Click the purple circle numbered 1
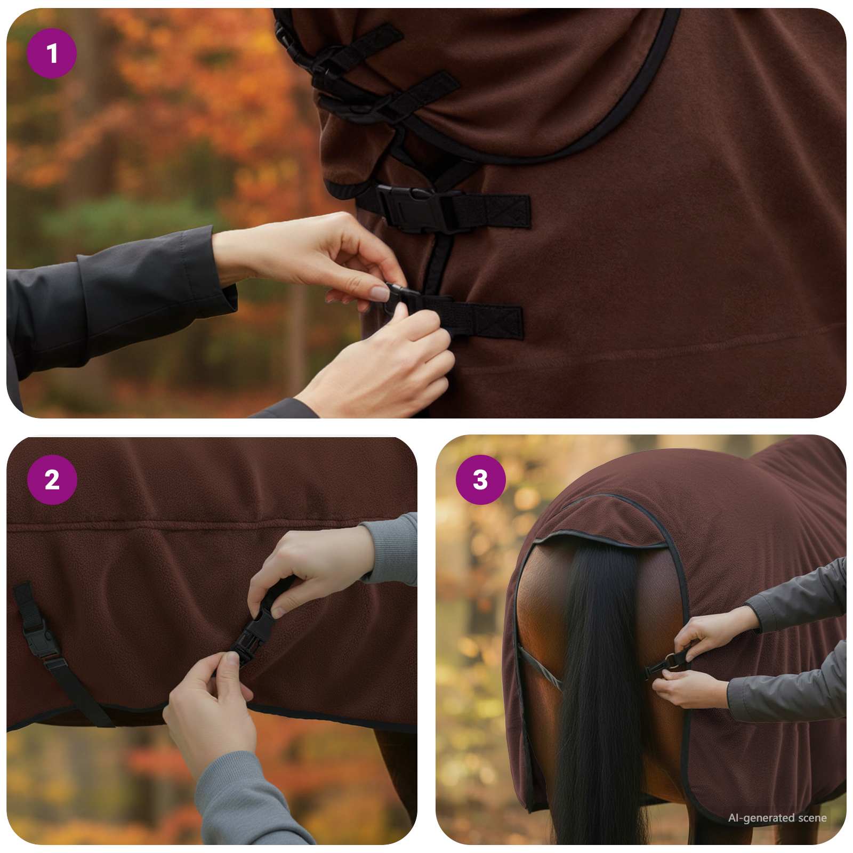[x=52, y=54]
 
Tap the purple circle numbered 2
[x=52, y=480]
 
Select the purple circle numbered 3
[x=480, y=480]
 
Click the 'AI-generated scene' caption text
[x=777, y=818]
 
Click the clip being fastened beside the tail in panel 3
[x=666, y=664]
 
